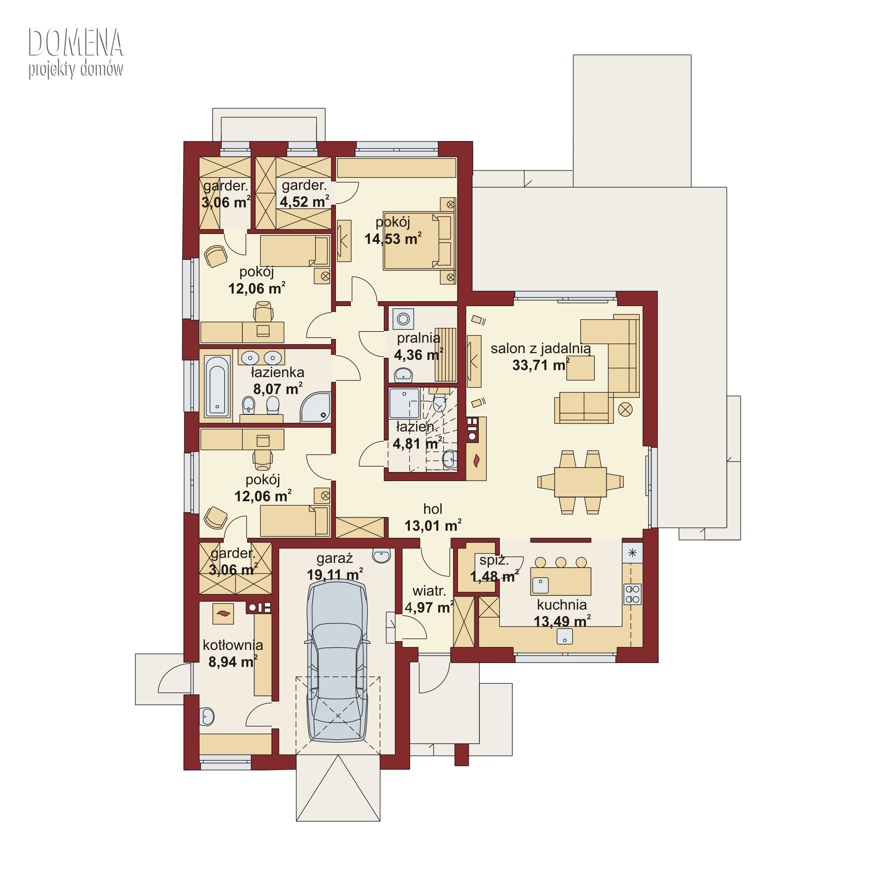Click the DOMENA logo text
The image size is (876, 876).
[x=76, y=42]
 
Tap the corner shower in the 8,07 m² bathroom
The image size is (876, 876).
[x=315, y=407]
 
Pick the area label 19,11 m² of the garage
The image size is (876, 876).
[x=335, y=575]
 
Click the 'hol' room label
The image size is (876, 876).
[x=433, y=509]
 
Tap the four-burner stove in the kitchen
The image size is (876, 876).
[x=632, y=594]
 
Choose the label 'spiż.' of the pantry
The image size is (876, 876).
[x=494, y=561]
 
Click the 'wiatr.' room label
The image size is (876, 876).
[x=429, y=591]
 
